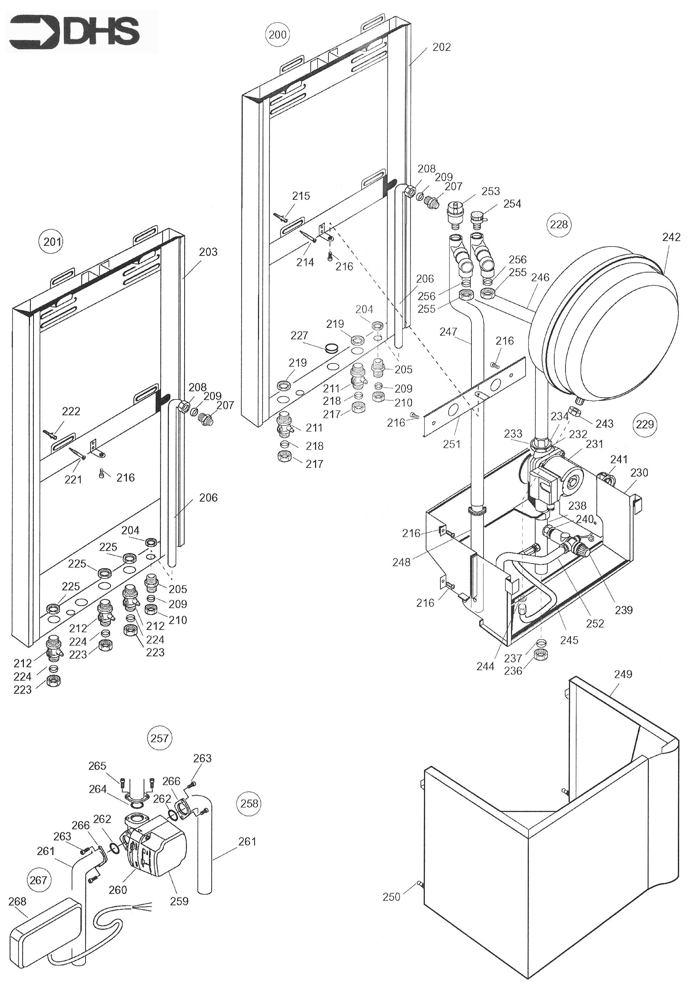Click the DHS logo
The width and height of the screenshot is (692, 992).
[76, 31]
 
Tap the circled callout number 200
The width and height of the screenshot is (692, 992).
[277, 34]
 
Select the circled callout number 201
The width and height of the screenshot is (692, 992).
[52, 242]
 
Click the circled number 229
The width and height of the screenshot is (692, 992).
[645, 424]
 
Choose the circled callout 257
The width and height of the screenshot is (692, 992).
[159, 738]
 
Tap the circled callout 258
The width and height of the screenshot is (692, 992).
[249, 803]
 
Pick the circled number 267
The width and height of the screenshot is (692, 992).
[38, 880]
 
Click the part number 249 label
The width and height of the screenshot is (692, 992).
[623, 674]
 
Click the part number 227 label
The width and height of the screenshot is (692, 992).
[299, 335]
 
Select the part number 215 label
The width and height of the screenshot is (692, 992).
[301, 196]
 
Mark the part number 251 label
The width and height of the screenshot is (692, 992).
[452, 444]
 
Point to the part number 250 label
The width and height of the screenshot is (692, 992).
[391, 897]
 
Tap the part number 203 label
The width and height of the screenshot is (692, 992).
[208, 252]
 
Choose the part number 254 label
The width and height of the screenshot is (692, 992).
[512, 203]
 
